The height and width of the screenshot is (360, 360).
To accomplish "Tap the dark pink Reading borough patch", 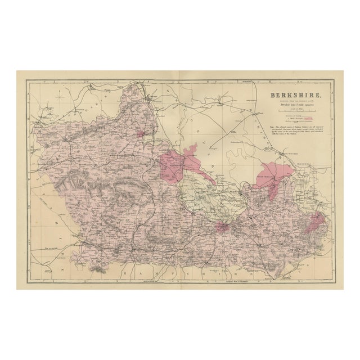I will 222,227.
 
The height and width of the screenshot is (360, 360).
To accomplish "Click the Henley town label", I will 232,191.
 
